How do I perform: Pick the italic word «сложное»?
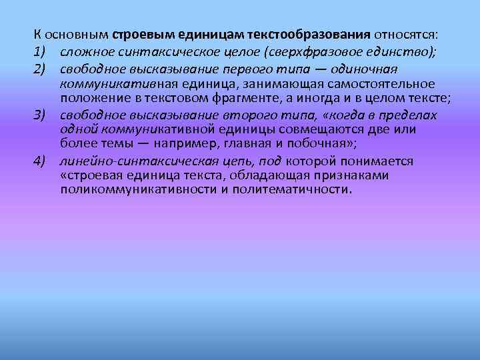pyautogui.click(x=81, y=51)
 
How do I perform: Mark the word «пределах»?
pyautogui.click(x=405, y=115)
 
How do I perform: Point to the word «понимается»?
pyautogui.click(x=379, y=161)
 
